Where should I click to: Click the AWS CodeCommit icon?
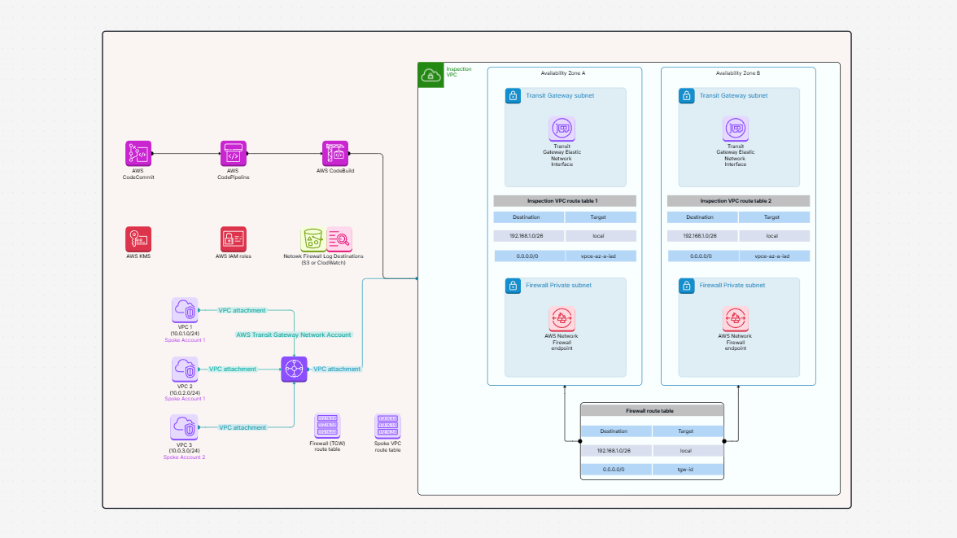pos(138,153)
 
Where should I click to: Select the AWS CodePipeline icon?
pos(233,153)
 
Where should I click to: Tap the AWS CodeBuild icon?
pos(335,153)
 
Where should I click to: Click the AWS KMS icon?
pos(138,239)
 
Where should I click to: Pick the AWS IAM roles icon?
pos(233,239)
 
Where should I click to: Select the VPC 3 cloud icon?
pos(185,427)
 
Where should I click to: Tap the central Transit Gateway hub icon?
pos(294,369)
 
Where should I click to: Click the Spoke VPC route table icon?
pos(387,426)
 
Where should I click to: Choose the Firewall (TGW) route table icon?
pos(327,426)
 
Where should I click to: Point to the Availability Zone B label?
pos(737,73)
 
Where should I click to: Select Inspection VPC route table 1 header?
pos(565,200)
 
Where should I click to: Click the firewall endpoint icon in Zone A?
pos(562,319)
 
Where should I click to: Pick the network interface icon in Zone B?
pos(735,129)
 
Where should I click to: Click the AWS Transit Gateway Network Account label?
pos(294,335)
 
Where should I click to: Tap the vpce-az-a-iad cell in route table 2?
pos(773,256)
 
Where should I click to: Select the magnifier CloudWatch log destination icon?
pos(339,239)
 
